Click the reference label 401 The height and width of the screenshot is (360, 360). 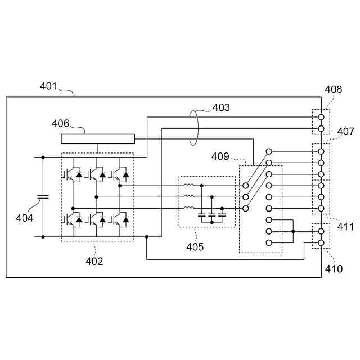tap(48, 86)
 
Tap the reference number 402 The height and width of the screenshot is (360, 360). tap(94, 261)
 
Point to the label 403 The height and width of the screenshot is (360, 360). tap(221, 107)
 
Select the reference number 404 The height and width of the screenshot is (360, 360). tap(24, 218)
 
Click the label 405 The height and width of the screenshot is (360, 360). tap(195, 247)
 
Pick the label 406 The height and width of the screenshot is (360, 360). tap(60, 124)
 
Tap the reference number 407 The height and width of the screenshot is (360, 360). tap(346, 132)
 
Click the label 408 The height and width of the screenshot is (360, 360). tap(334, 89)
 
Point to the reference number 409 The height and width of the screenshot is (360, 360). tap(220, 156)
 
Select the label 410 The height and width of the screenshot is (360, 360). tap(334, 269)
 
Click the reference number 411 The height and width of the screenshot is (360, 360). tap(345, 227)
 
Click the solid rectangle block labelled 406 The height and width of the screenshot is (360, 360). tap(98, 139)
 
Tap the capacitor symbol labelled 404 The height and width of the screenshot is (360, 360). tap(43, 196)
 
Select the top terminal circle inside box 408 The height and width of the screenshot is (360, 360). tap(321, 117)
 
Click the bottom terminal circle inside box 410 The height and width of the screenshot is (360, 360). tap(321, 242)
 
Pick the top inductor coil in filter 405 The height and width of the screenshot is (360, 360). tap(189, 185)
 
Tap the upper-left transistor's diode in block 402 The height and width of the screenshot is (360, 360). tap(79, 174)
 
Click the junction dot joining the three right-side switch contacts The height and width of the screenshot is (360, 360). tap(293, 231)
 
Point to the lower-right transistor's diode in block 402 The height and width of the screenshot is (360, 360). tap(125, 220)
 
